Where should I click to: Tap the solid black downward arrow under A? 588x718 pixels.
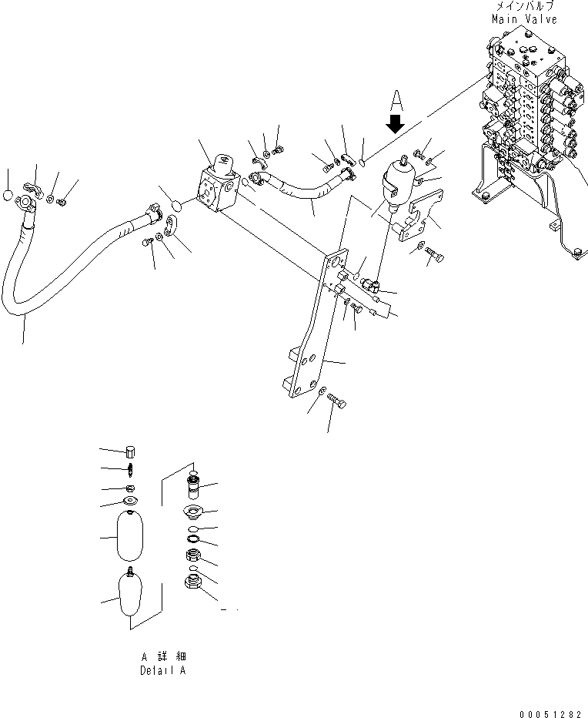click(x=396, y=123)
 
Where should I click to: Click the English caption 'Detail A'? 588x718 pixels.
click(x=162, y=670)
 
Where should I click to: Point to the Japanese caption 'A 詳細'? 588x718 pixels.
click(x=163, y=656)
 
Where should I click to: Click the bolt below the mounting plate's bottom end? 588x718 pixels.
click(x=336, y=401)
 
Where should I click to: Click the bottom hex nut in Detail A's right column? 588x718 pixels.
click(x=193, y=585)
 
